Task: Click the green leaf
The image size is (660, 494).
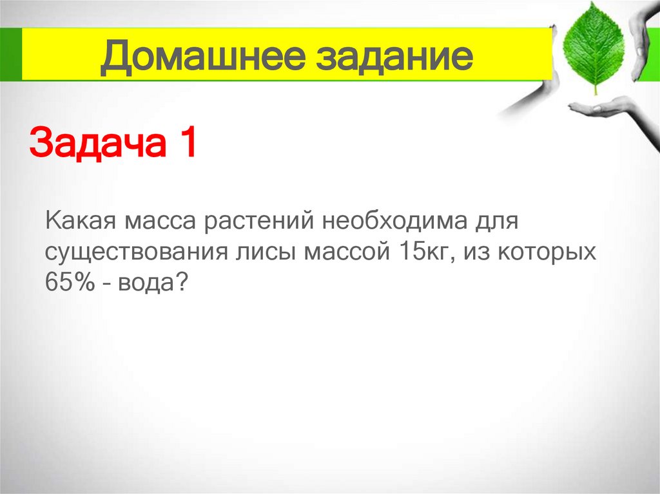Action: click(592, 48)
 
